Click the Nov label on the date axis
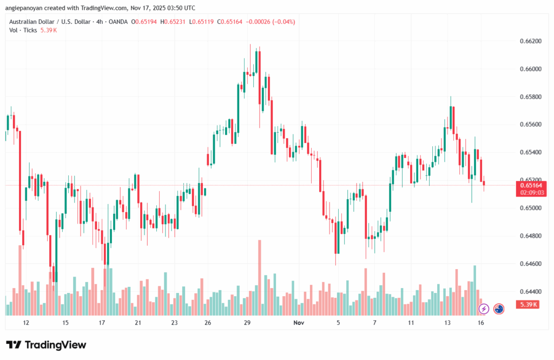[299, 323]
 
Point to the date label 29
[247, 323]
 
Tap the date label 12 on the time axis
[25, 323]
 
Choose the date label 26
[208, 323]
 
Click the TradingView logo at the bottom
[46, 345]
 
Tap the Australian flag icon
[499, 309]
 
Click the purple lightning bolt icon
[484, 309]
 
